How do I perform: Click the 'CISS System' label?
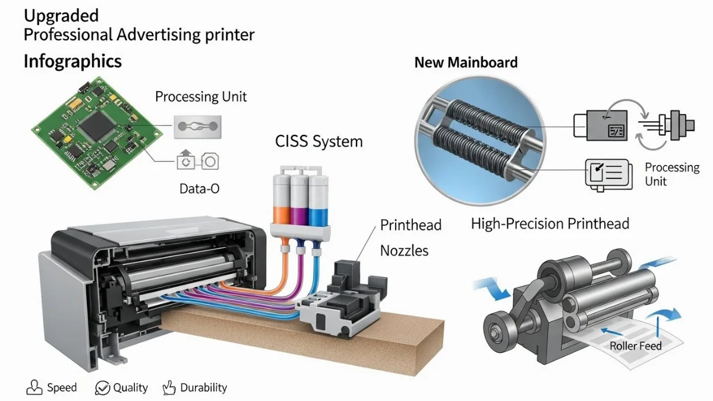tap(318, 141)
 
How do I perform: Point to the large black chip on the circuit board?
tap(95, 127)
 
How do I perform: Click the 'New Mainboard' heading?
tap(465, 62)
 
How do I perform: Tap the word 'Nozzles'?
tap(404, 251)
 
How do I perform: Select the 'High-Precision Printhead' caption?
tap(550, 224)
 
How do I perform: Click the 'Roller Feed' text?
tap(635, 346)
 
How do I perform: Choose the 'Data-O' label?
tap(199, 189)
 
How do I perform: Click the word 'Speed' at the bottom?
tap(62, 388)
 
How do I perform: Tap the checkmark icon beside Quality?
tap(102, 389)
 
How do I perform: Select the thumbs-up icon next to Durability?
tap(169, 388)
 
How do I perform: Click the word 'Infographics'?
tap(72, 61)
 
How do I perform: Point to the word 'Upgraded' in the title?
tap(61, 15)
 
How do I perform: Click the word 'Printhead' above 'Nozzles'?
tap(411, 225)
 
